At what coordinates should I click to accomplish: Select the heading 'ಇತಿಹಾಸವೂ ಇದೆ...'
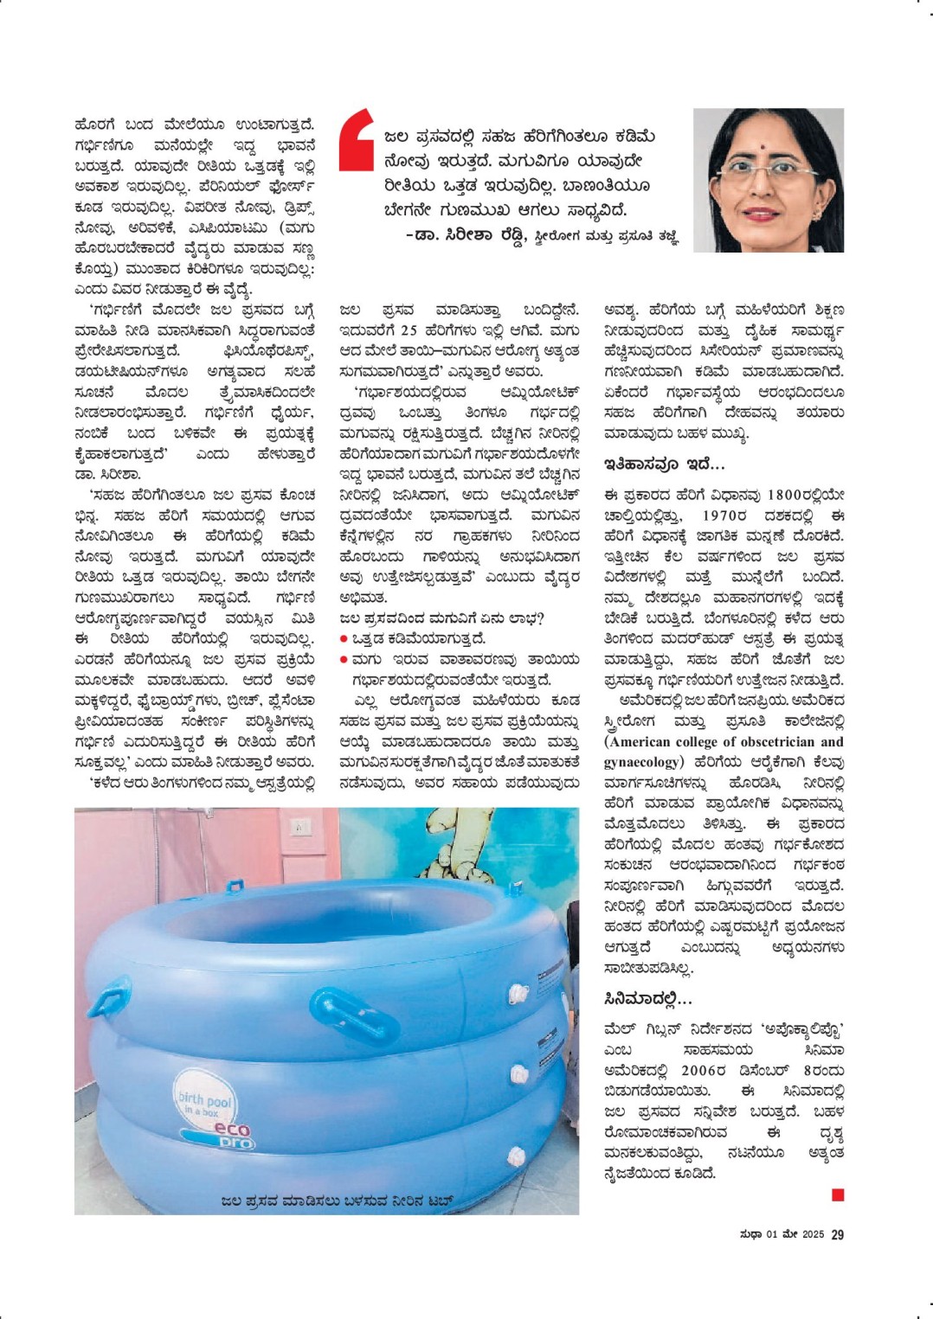pyautogui.click(x=665, y=464)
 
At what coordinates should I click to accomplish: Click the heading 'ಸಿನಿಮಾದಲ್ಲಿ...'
pyautogui.click(x=648, y=999)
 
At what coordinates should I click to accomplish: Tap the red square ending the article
pyautogui.click(x=837, y=1194)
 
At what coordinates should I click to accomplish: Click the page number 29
pyautogui.click(x=837, y=1234)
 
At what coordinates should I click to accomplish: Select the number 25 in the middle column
pyautogui.click(x=409, y=330)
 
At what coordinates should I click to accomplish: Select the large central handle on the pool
pyautogui.click(x=357, y=1014)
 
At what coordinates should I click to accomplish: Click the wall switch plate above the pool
pyautogui.click(x=300, y=827)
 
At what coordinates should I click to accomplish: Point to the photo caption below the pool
pyautogui.click(x=337, y=1201)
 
